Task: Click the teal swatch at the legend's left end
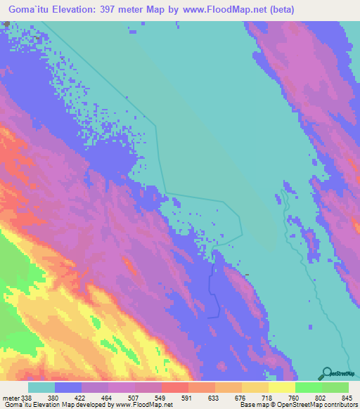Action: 41,387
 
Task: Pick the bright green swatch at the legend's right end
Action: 335,387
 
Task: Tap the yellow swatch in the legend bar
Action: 282,387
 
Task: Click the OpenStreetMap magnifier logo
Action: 326,373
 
